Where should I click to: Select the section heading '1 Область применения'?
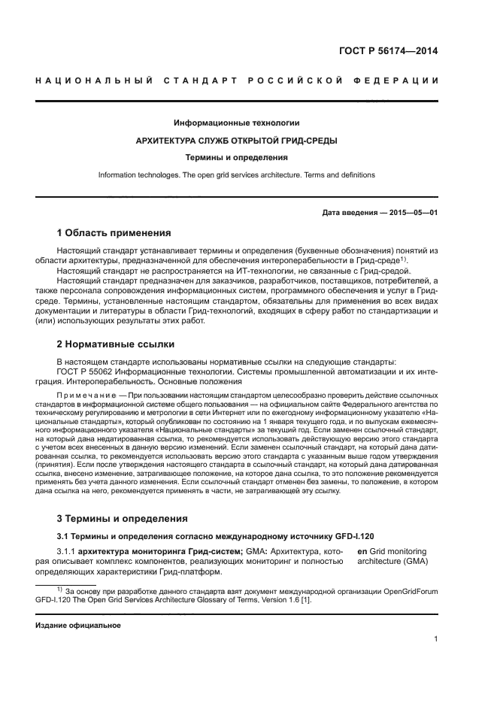click(x=114, y=232)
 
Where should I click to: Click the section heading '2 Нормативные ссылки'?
click(x=116, y=344)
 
